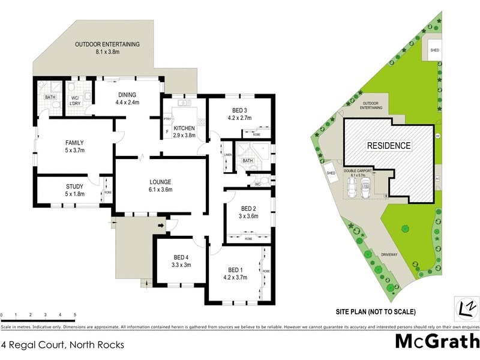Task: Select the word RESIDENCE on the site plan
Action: pyautogui.click(x=389, y=145)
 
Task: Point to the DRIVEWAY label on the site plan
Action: pyautogui.click(x=389, y=254)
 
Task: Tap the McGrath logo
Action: pyautogui.click(x=437, y=341)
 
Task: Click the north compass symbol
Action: pyautogui.click(x=466, y=305)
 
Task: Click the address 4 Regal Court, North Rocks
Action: pyautogui.click(x=62, y=345)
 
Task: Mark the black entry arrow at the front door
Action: pyautogui.click(x=161, y=226)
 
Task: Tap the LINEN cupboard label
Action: pyautogui.click(x=227, y=155)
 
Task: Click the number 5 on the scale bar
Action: pyautogui.click(x=75, y=314)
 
